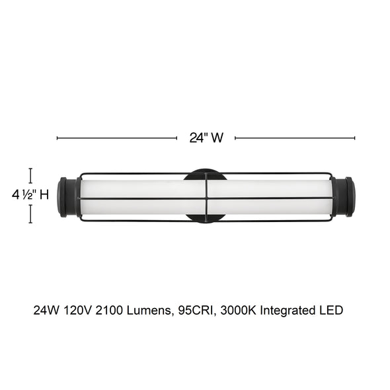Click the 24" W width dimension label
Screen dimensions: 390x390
[206, 137]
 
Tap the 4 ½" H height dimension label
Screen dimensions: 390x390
[30, 194]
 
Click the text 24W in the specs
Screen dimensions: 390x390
[46, 311]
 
